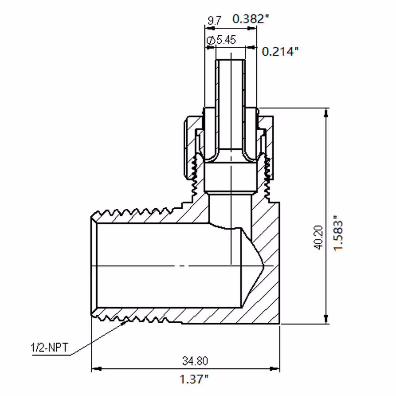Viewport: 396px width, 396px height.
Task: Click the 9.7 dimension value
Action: click(214, 20)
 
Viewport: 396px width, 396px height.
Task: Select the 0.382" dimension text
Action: click(251, 19)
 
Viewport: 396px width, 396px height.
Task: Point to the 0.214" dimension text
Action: click(280, 51)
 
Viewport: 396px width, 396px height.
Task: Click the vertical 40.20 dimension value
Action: click(319, 237)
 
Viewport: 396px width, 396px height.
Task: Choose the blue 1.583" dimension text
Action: click(339, 233)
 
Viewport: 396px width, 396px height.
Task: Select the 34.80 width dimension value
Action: click(195, 361)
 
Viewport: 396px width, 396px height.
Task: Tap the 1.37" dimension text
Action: click(194, 379)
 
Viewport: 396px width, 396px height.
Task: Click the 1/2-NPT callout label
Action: click(49, 348)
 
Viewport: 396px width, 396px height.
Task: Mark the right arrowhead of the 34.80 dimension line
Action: click(275, 369)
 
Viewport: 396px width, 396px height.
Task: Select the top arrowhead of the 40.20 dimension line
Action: click(326, 112)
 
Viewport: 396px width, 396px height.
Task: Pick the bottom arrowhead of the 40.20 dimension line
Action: click(326, 319)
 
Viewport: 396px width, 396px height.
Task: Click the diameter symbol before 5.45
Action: click(211, 40)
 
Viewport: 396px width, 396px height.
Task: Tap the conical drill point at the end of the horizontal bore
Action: click(253, 266)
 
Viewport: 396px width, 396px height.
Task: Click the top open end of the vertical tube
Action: click(230, 60)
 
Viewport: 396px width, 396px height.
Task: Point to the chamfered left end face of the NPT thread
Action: click(94, 266)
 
